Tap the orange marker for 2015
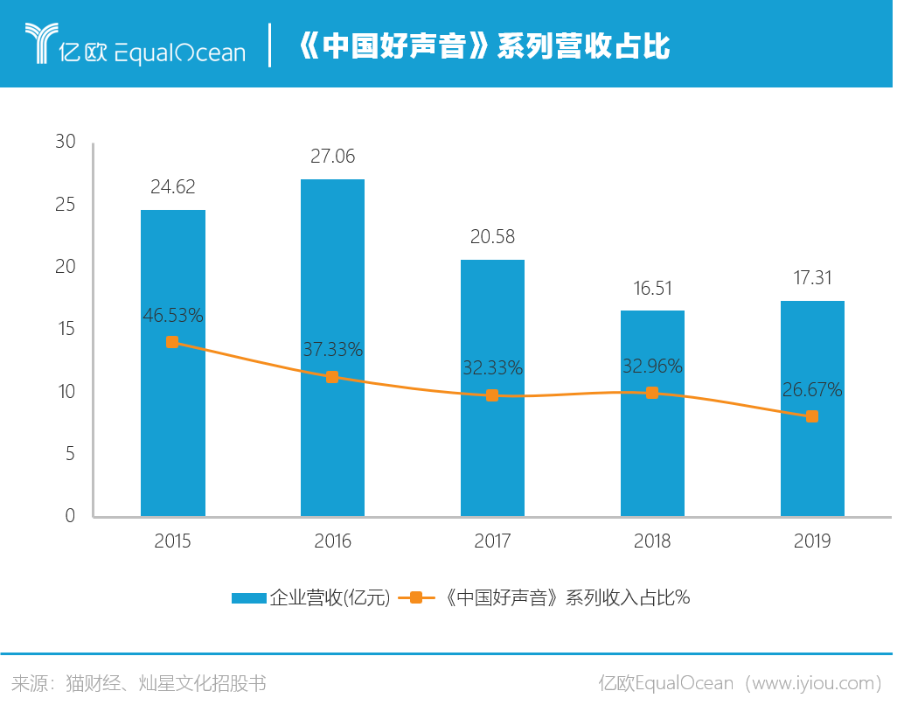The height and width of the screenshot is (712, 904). (172, 342)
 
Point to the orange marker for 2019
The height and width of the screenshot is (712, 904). (812, 416)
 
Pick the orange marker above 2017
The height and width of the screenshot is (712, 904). (492, 395)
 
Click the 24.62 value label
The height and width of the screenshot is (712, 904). (172, 186)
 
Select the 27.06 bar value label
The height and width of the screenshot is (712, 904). (332, 157)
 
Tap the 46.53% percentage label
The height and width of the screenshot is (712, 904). (172, 316)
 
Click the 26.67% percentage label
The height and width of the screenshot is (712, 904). (812, 390)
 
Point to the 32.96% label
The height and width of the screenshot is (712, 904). (652, 366)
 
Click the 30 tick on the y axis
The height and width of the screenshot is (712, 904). (66, 142)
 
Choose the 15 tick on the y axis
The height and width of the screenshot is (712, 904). (66, 329)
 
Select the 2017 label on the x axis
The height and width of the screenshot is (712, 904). (492, 541)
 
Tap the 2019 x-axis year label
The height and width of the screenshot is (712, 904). (812, 541)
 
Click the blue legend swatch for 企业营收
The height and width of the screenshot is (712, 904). (248, 598)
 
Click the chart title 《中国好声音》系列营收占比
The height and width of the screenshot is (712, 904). (483, 46)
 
